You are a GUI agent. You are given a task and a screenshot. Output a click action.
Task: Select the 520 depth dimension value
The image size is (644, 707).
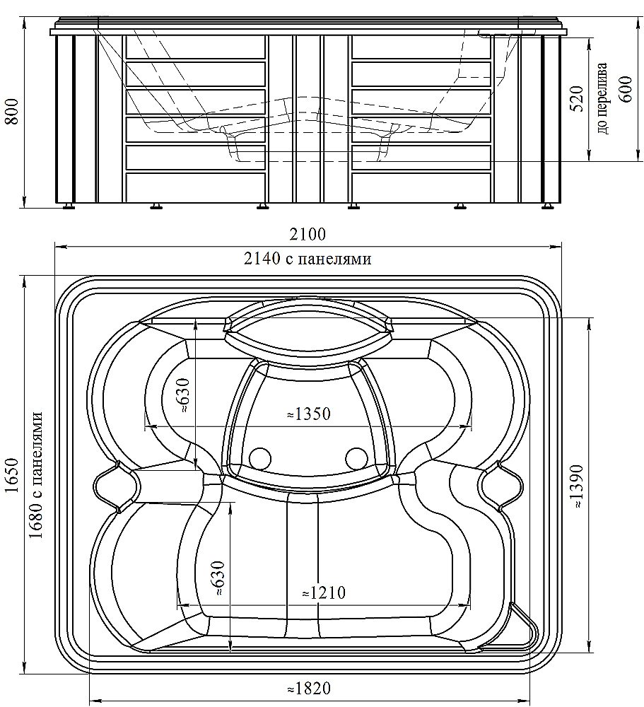[576, 98]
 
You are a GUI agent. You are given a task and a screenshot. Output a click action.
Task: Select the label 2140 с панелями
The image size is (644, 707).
[308, 259]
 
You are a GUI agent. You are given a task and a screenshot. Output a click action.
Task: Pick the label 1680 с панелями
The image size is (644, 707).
[37, 476]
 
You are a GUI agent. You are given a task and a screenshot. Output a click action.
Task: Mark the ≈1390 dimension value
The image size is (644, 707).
[578, 486]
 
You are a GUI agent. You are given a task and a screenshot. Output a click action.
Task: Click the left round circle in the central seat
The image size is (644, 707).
[260, 458]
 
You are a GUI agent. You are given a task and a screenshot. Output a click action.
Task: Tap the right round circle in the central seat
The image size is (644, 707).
[356, 458]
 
